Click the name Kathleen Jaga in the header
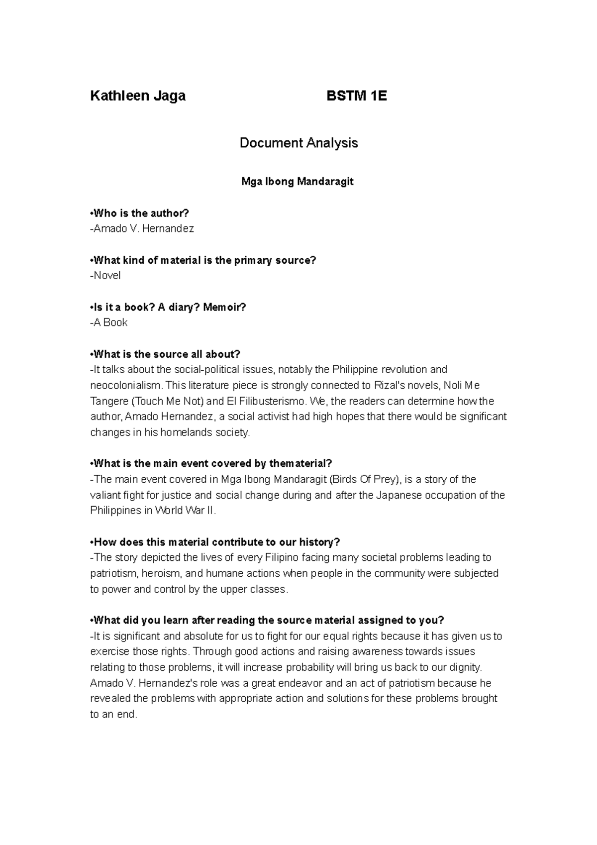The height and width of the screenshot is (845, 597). click(138, 96)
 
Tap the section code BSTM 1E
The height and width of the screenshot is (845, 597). click(356, 96)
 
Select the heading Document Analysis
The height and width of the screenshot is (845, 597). click(298, 143)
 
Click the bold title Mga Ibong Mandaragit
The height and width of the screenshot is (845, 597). click(298, 182)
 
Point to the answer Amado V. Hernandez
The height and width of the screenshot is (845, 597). click(143, 229)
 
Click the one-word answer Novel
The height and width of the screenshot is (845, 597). click(106, 276)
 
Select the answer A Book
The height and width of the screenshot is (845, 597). click(110, 322)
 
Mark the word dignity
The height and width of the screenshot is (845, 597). click(464, 667)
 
